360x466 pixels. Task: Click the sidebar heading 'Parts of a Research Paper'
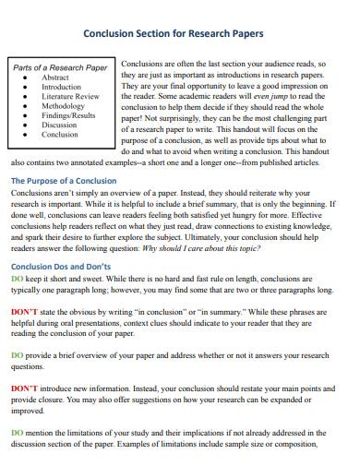(x=60, y=68)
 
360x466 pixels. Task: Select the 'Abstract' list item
(x=55, y=78)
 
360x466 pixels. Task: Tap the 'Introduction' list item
(x=62, y=88)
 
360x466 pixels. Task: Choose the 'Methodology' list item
(x=63, y=106)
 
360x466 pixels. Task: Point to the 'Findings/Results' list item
(x=68, y=115)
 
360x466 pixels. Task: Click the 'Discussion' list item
(x=60, y=125)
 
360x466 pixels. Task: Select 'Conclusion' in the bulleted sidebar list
(x=61, y=134)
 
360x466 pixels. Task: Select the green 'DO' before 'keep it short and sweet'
(x=17, y=278)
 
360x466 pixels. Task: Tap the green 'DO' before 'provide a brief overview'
(x=17, y=354)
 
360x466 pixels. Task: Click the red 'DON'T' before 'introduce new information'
(x=24, y=388)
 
